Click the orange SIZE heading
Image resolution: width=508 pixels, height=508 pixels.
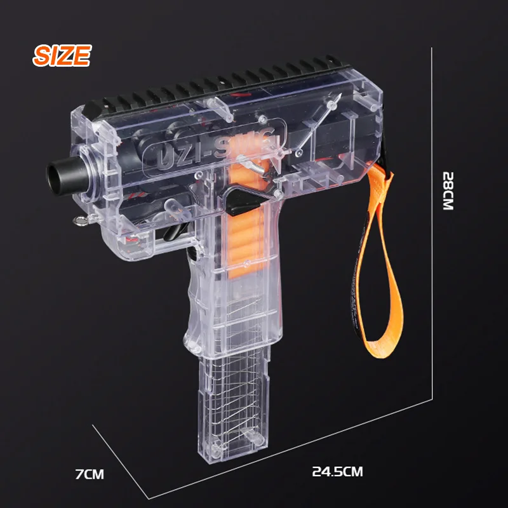click(62, 55)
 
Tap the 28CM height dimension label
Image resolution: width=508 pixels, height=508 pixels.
click(448, 191)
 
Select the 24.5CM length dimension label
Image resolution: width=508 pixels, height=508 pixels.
click(337, 471)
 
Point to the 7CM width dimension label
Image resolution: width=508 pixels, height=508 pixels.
click(90, 474)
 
